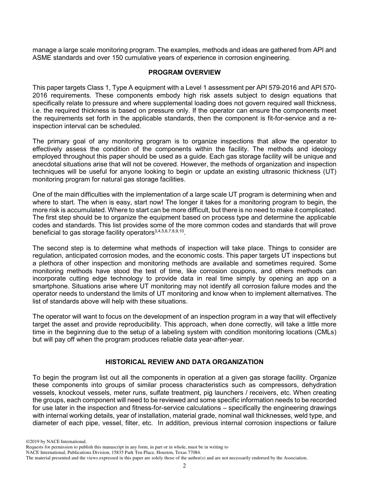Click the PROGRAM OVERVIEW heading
pos(184,72)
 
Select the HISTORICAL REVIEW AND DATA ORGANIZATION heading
pos(184,362)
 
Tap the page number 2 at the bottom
pos(184,466)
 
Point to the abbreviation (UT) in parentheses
pos(329,172)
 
